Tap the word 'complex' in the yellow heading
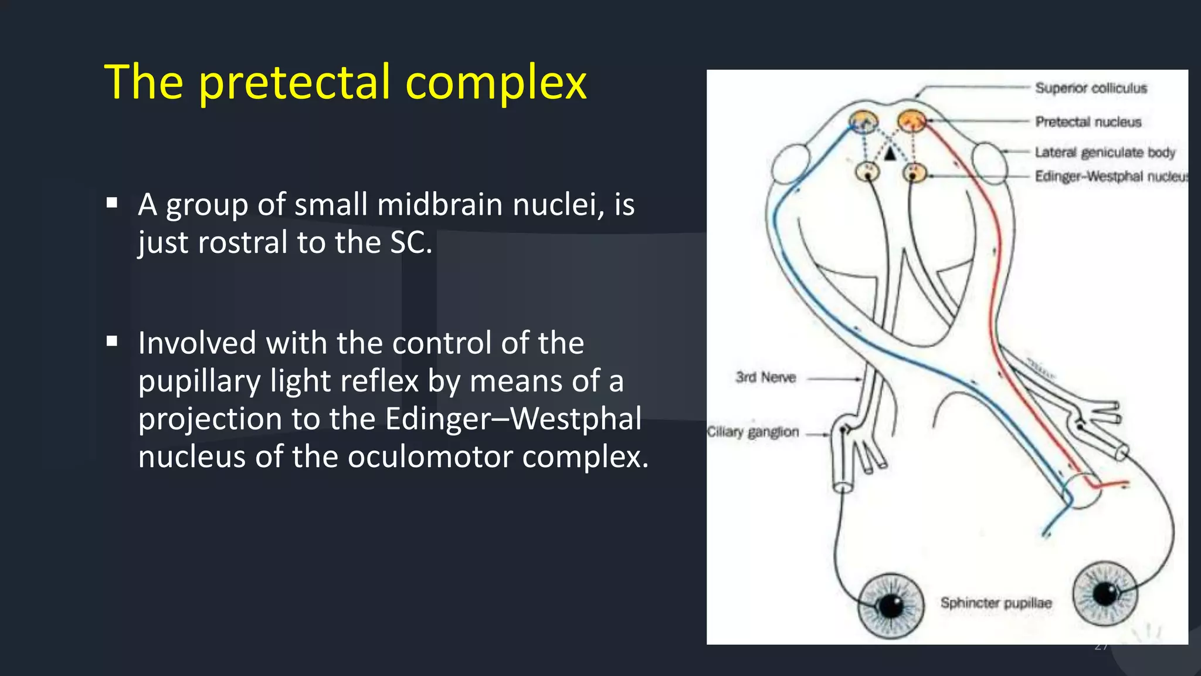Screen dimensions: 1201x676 pos(496,83)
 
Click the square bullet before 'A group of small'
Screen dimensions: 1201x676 pos(112,204)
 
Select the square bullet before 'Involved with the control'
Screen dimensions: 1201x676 pos(112,342)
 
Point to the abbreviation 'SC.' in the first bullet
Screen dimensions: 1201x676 pos(411,242)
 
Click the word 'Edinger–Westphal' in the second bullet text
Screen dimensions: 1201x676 pos(513,419)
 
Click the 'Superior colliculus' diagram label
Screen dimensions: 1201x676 pos(1091,88)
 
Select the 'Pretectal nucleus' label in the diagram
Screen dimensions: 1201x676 pos(1088,121)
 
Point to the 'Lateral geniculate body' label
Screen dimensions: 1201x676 pos(1105,153)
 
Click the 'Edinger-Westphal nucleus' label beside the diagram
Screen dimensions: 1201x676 pos(1111,177)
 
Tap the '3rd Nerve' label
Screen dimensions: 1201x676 pos(765,377)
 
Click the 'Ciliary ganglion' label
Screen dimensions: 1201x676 pos(753,432)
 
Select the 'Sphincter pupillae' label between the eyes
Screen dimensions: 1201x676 pos(996,603)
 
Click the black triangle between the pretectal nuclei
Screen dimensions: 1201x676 pos(890,154)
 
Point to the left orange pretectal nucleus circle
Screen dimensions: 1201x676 pos(863,122)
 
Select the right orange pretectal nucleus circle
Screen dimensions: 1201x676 pos(911,121)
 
